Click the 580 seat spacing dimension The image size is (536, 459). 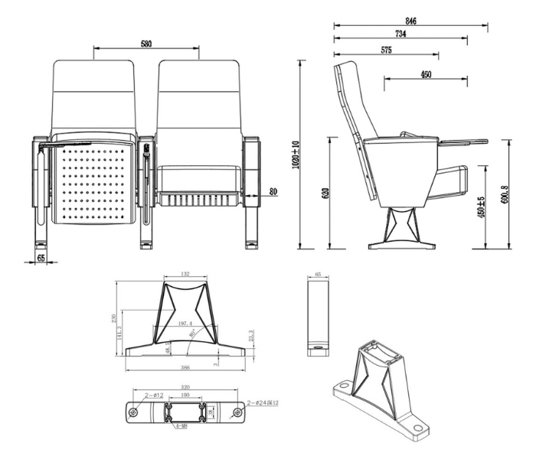(145, 44)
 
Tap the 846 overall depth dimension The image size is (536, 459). (410, 21)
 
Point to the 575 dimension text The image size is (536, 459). (386, 50)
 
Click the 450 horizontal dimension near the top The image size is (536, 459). (426, 73)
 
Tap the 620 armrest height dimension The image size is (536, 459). (325, 193)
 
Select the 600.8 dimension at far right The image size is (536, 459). (505, 193)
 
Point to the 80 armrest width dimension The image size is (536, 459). (273, 190)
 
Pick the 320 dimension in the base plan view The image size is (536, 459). (184, 388)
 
